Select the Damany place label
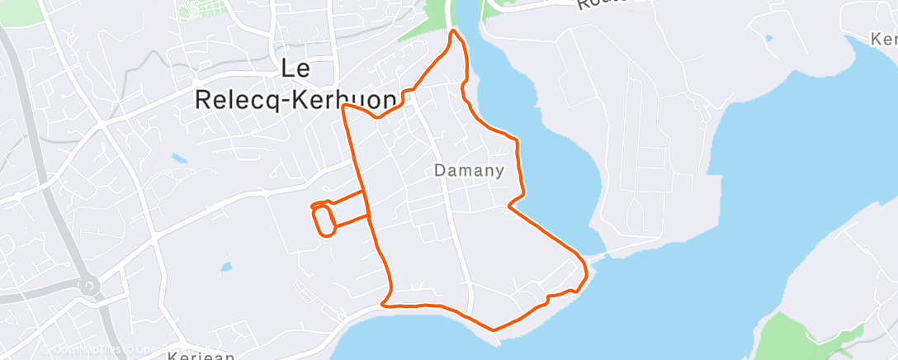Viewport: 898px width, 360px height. click(x=469, y=172)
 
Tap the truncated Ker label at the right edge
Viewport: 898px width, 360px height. click(x=884, y=39)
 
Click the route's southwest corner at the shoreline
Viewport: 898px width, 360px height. click(x=383, y=304)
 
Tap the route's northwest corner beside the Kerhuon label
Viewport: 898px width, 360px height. click(x=343, y=107)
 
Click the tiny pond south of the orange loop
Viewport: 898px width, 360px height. click(x=225, y=268)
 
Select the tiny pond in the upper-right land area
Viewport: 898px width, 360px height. click(x=769, y=37)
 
